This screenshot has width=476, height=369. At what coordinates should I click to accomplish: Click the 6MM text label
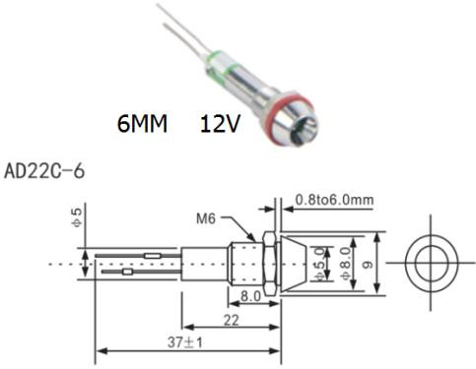[142, 124]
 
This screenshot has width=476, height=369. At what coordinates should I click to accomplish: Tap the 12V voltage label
[220, 124]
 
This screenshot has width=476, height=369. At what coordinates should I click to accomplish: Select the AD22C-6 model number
[44, 171]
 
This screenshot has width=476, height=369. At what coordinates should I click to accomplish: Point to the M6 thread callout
[206, 218]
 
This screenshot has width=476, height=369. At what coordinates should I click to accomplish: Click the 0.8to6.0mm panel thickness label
[334, 200]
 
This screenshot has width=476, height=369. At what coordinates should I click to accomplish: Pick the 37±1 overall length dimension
[185, 342]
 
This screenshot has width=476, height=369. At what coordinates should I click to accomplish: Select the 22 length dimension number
[231, 320]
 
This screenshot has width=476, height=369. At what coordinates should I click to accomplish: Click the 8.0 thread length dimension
[250, 296]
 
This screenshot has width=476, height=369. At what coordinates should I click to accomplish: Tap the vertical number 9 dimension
[368, 264]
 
